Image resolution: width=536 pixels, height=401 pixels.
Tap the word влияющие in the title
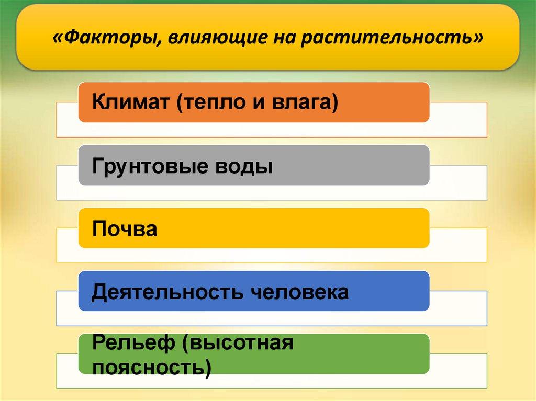(217, 37)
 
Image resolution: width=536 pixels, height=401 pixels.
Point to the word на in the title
(284, 38)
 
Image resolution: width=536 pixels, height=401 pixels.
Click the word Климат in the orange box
(131, 101)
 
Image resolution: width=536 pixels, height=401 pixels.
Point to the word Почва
(125, 228)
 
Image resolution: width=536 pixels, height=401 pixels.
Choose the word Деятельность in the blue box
(167, 292)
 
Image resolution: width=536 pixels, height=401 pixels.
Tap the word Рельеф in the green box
(133, 342)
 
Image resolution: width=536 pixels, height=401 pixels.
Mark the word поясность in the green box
(148, 368)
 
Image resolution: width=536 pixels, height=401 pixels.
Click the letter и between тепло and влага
(259, 103)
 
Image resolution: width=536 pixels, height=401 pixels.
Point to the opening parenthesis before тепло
(180, 103)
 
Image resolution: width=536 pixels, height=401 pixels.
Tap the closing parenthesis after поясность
(208, 368)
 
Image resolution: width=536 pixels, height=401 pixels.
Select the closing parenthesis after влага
(334, 103)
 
